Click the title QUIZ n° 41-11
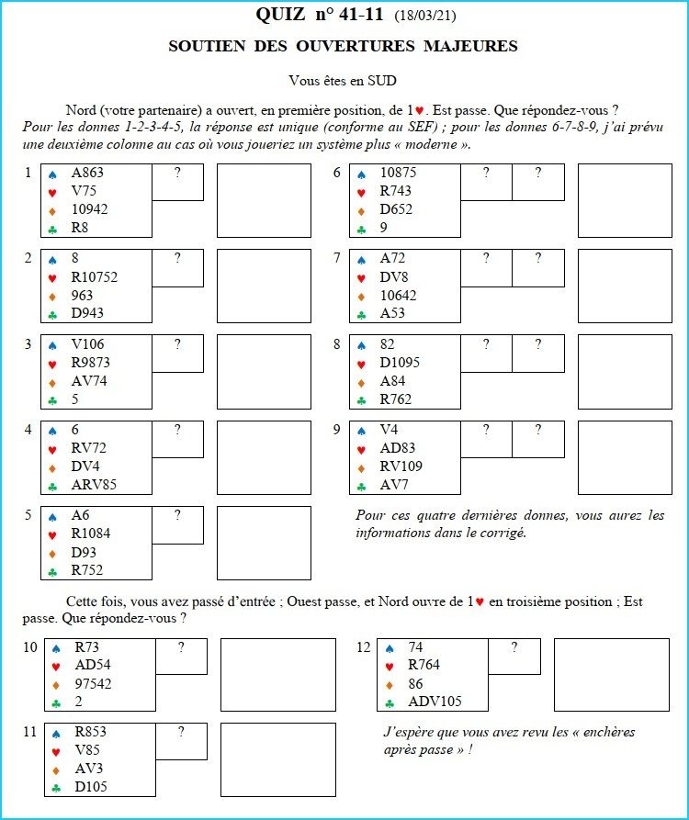click(321, 15)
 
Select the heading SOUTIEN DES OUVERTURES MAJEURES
click(344, 46)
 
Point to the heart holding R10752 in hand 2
click(94, 277)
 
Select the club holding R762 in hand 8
click(396, 399)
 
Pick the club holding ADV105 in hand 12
click(435, 702)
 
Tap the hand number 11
click(30, 732)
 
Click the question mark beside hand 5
click(177, 515)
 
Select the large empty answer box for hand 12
click(611, 675)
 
